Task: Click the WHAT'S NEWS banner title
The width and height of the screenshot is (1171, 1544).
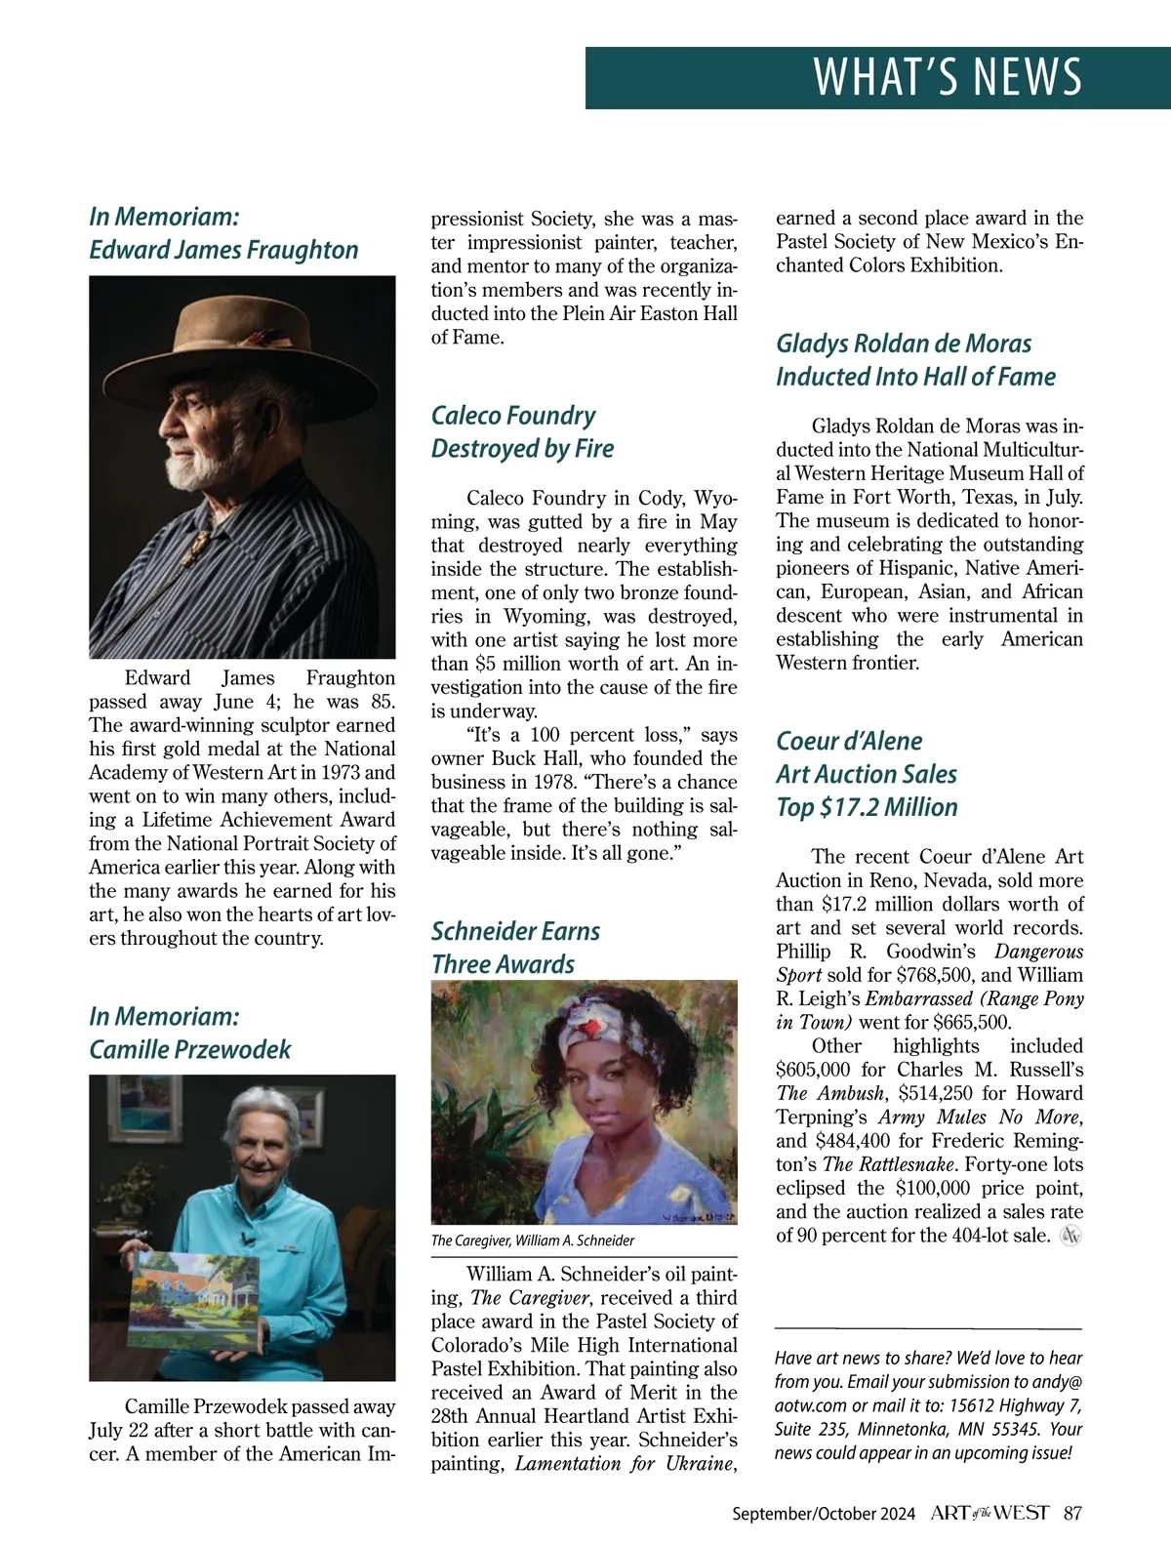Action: (x=947, y=77)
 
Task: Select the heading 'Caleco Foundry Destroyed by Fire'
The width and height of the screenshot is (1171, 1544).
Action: (x=523, y=431)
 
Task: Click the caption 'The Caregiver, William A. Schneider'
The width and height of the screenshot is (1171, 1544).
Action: (x=533, y=1240)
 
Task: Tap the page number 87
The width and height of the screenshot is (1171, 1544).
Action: (x=1072, y=1514)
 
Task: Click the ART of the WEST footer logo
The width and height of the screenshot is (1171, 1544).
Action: (x=989, y=1514)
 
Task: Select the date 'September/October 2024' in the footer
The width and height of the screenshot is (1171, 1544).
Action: (x=824, y=1514)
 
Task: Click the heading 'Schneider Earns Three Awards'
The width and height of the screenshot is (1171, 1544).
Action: (x=515, y=947)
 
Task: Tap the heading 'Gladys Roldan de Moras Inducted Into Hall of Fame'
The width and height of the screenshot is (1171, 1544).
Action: (x=915, y=359)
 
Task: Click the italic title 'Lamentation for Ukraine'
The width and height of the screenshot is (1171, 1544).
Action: (x=621, y=1463)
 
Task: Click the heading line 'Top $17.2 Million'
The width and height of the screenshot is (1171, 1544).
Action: (x=867, y=807)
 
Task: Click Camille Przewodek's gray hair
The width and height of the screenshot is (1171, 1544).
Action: (x=259, y=1111)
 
